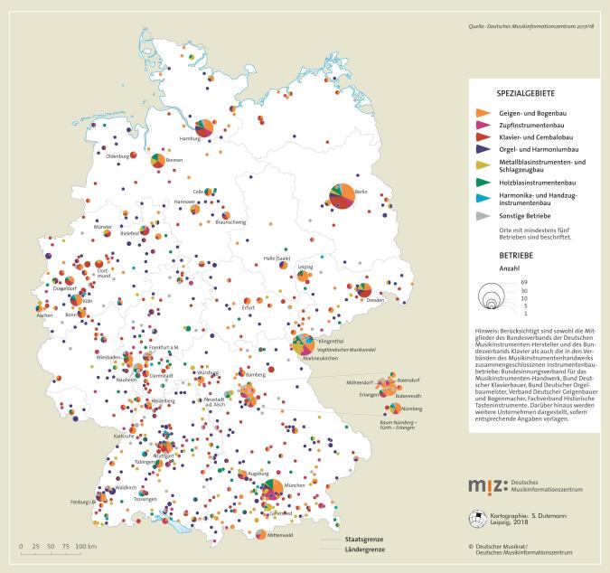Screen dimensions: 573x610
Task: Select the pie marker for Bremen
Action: pyautogui.click(x=159, y=160)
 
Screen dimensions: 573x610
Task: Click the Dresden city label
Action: pyautogui.click(x=376, y=299)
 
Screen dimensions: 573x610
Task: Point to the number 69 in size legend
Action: pyautogui.click(x=523, y=283)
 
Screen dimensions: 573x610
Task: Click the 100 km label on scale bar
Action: pyautogui.click(x=86, y=549)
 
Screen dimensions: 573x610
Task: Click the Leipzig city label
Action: pyautogui.click(x=305, y=268)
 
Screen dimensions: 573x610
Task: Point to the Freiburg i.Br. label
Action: pyautogui.click(x=84, y=503)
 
